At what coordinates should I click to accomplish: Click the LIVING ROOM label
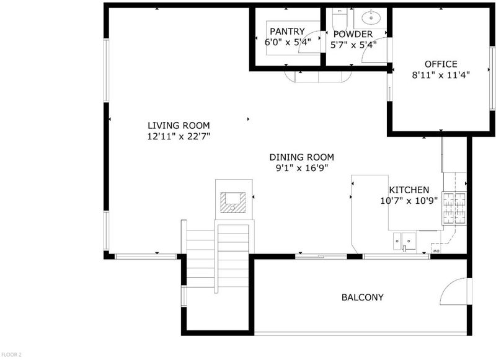179,126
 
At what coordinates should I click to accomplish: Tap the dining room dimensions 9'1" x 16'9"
302,168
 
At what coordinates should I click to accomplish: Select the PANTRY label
287,31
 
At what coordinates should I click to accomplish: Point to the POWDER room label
353,34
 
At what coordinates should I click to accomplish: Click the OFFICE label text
441,64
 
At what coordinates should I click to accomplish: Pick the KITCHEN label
409,190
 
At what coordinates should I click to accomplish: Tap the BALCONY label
363,297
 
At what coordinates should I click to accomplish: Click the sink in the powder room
371,17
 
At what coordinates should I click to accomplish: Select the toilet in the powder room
340,19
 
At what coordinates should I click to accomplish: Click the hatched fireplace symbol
233,202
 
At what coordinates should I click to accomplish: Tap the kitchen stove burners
454,208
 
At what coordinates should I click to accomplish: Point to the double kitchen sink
405,242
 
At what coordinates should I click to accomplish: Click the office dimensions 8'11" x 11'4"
441,75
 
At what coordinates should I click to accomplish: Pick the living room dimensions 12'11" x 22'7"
179,136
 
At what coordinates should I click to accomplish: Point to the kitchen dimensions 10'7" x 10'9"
409,201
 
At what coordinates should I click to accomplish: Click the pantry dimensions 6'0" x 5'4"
288,42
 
